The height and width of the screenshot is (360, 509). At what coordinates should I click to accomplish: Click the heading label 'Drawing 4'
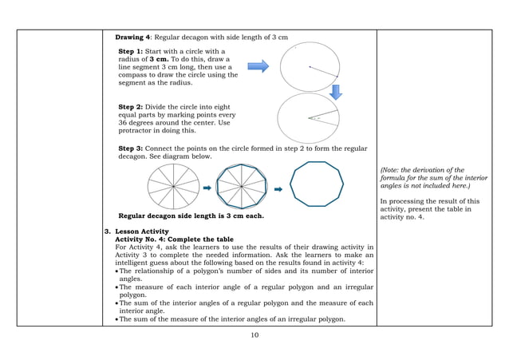point(135,38)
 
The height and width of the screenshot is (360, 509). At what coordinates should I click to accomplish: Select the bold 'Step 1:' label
point(132,52)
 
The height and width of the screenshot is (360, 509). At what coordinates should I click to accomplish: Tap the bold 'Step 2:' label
point(132,106)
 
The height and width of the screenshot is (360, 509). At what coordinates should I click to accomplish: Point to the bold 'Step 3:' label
point(132,148)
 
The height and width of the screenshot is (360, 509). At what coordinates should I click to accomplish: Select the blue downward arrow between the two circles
point(336,92)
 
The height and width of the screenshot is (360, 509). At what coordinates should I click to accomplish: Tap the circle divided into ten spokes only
point(173,188)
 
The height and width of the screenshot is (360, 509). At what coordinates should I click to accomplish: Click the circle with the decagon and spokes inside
point(242,188)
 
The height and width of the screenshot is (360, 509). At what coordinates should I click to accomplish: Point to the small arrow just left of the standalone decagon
point(279,189)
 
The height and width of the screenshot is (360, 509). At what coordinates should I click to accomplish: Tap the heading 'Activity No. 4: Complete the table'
point(175,239)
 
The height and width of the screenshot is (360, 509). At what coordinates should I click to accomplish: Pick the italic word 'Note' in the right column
point(391,170)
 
